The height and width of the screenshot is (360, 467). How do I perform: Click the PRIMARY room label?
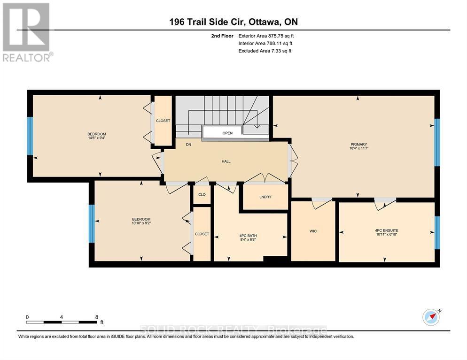coord(358,144)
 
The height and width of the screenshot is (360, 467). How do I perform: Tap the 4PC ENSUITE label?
coord(387,230)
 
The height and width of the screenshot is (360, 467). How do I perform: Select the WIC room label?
coord(313,231)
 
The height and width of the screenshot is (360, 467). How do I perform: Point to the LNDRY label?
coord(265,197)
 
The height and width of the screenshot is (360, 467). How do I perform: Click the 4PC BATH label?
coord(248,235)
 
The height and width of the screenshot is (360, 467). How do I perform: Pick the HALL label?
coord(226,161)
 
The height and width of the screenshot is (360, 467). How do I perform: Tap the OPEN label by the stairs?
coord(227,133)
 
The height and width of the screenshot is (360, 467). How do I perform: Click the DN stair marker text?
coord(188,145)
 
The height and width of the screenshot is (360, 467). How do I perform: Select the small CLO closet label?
coord(202,195)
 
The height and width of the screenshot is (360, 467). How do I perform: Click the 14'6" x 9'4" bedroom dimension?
coord(96,138)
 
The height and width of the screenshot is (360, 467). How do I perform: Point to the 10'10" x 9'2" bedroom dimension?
coord(141,223)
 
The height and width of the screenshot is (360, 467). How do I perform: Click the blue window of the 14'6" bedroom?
coord(30,136)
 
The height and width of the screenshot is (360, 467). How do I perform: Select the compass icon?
coord(431,318)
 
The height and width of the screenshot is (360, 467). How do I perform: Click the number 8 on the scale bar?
coord(96,317)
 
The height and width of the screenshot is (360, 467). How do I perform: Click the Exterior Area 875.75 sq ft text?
coord(266,36)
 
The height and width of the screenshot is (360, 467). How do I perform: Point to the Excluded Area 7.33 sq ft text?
coord(265,51)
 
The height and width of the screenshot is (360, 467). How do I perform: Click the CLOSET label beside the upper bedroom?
coord(163,121)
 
